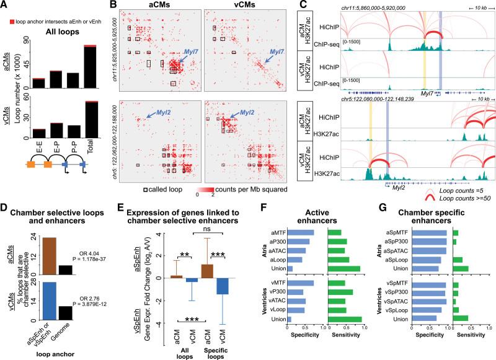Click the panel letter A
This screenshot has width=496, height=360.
point(6,6)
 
